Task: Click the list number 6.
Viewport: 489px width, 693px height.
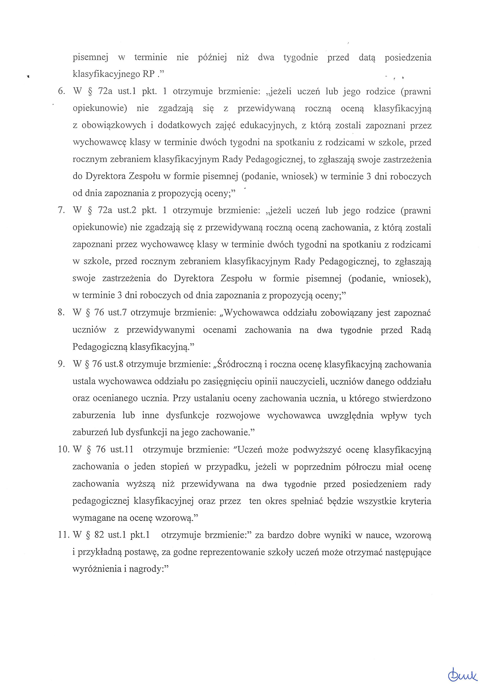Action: (x=61, y=92)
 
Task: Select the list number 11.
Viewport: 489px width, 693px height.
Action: (x=64, y=535)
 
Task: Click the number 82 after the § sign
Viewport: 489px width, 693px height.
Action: (x=99, y=535)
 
